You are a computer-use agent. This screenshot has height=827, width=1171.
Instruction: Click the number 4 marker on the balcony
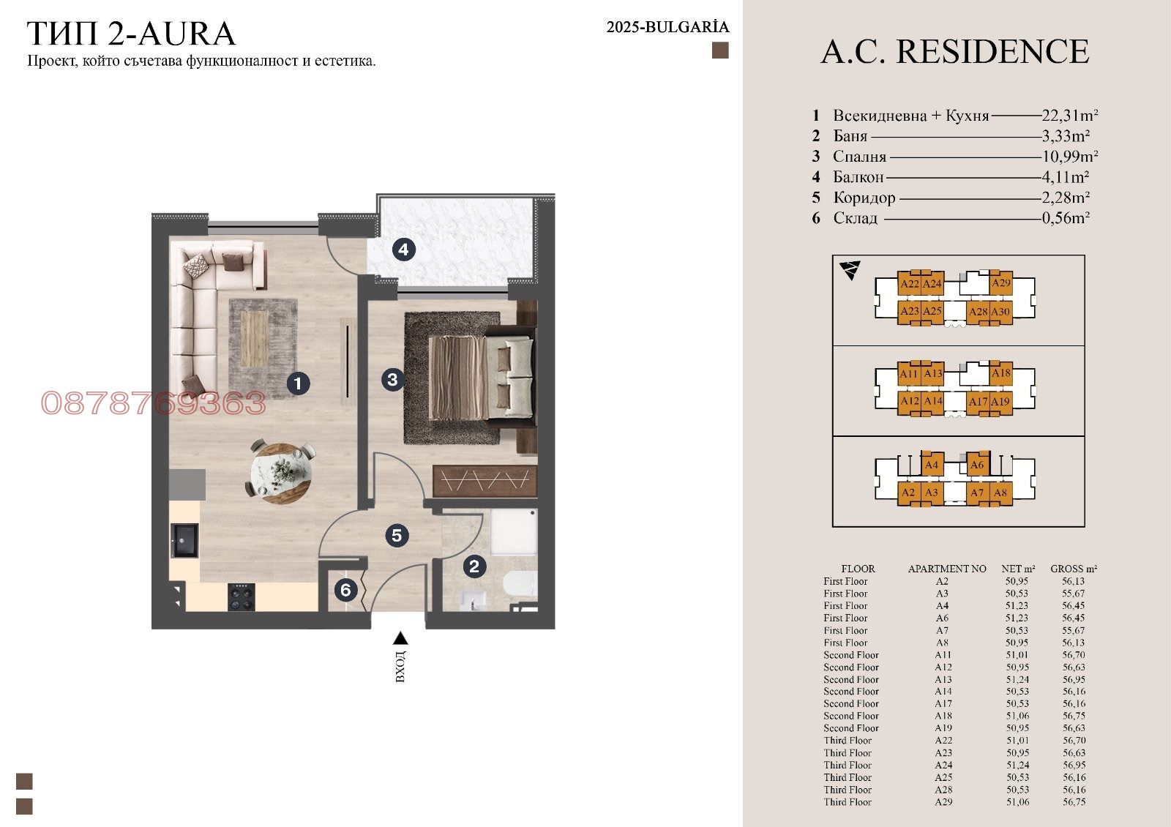(x=403, y=250)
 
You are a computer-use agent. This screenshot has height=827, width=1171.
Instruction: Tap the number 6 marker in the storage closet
(x=345, y=590)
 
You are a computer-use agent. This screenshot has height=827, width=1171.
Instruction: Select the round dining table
(x=282, y=473)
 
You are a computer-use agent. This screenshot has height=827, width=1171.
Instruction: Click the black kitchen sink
(x=184, y=541)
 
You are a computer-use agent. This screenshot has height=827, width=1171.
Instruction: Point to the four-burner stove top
(x=242, y=597)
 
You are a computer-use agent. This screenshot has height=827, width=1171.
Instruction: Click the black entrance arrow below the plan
(x=400, y=637)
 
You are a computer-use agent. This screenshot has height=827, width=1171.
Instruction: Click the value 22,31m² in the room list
(x=1069, y=115)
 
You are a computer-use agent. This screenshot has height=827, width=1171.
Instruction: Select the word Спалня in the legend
(x=859, y=157)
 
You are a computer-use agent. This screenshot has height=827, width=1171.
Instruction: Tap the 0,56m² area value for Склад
(x=1066, y=218)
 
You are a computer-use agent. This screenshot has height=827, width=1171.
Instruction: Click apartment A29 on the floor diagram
(x=1001, y=282)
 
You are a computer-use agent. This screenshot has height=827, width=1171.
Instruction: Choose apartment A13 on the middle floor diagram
(x=932, y=373)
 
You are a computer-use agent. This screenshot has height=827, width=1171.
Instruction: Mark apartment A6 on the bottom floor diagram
(x=977, y=464)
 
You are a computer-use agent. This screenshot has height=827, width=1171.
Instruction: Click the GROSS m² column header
(x=1074, y=569)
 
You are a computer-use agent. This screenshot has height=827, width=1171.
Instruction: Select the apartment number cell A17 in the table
(x=943, y=703)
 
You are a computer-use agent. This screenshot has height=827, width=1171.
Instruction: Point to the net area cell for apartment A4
(x=1017, y=605)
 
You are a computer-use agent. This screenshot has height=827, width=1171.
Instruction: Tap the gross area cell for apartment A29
(x=1074, y=802)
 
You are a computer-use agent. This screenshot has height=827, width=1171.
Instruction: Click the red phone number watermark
(x=153, y=403)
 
